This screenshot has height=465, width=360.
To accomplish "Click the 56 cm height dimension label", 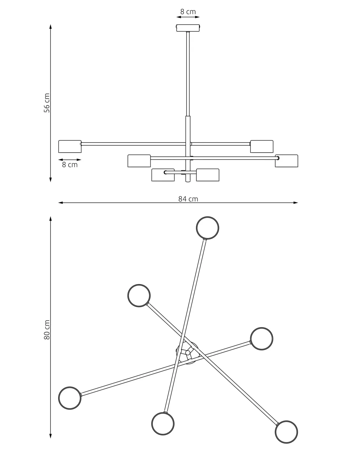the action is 47,103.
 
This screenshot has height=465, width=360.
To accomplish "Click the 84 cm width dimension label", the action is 188,199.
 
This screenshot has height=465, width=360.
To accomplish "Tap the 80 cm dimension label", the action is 47,330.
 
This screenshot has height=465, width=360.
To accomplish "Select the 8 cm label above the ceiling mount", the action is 188,12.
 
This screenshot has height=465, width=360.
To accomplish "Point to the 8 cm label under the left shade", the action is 70,165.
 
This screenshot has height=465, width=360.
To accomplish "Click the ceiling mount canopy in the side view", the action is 188,28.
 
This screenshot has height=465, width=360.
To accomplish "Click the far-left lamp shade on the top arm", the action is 70,146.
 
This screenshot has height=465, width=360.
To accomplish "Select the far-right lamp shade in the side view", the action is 287,161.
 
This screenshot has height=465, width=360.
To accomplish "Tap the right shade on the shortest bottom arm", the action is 207,175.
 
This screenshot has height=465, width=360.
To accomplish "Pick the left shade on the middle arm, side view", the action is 139,161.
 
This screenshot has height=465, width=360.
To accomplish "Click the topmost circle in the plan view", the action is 207,228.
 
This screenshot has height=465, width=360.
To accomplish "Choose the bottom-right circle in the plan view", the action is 286,432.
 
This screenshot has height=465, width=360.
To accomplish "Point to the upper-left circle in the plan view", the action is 139,296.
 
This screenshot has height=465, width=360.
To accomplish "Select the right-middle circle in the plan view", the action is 261,339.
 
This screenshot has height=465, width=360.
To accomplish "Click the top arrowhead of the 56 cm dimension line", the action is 50,26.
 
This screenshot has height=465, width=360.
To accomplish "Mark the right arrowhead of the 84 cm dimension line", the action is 296,203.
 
